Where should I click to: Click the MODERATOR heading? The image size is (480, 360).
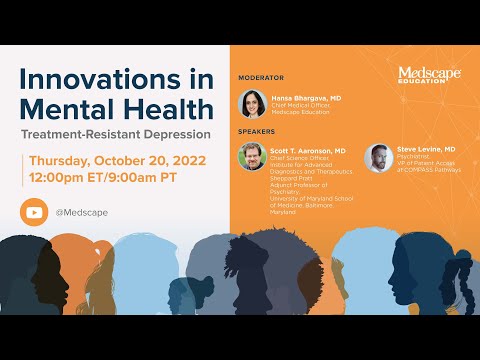click(x=263, y=77)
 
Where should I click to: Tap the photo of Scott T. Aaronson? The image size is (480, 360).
click(x=252, y=157)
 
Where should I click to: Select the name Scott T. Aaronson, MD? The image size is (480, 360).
click(x=306, y=150)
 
